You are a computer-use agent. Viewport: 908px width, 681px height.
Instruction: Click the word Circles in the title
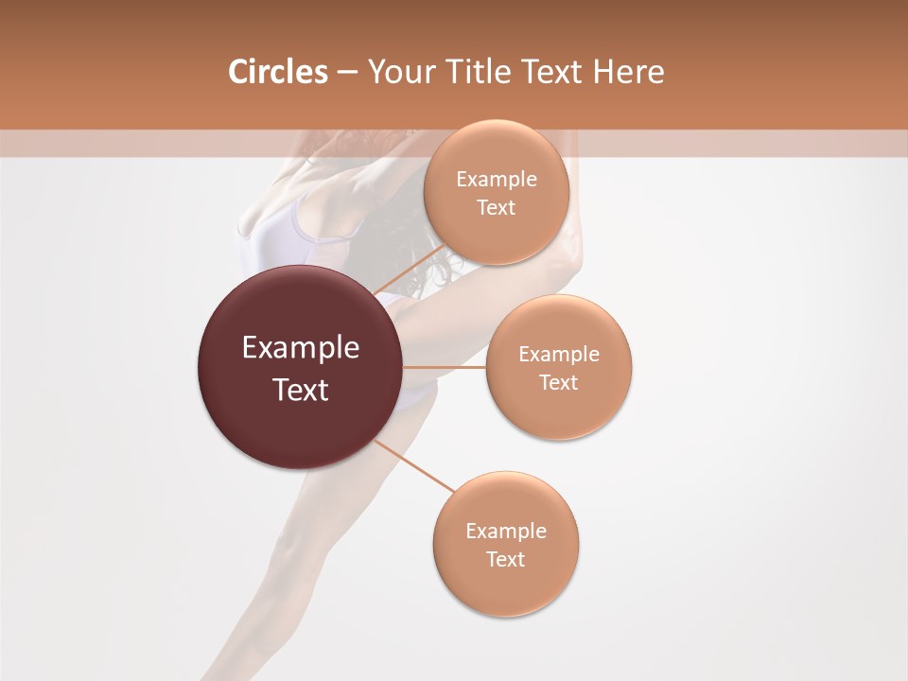coord(277,72)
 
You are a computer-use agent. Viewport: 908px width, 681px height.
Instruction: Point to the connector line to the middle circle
coord(445,367)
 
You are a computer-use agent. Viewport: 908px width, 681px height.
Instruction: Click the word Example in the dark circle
coord(301,348)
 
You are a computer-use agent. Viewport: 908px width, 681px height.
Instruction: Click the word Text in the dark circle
coord(301,390)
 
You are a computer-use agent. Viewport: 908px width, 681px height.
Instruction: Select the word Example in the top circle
coord(497,180)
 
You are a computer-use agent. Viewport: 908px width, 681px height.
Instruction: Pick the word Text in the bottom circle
coord(506,559)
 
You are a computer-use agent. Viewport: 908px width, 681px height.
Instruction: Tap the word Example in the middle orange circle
coord(559,355)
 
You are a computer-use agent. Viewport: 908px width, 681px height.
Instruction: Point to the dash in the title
coord(347,72)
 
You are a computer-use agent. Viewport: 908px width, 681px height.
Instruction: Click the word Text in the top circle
coord(497,208)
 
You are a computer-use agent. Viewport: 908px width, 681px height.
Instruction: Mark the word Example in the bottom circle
coord(506,531)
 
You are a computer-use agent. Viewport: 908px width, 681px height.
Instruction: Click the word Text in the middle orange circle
coord(559,383)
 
